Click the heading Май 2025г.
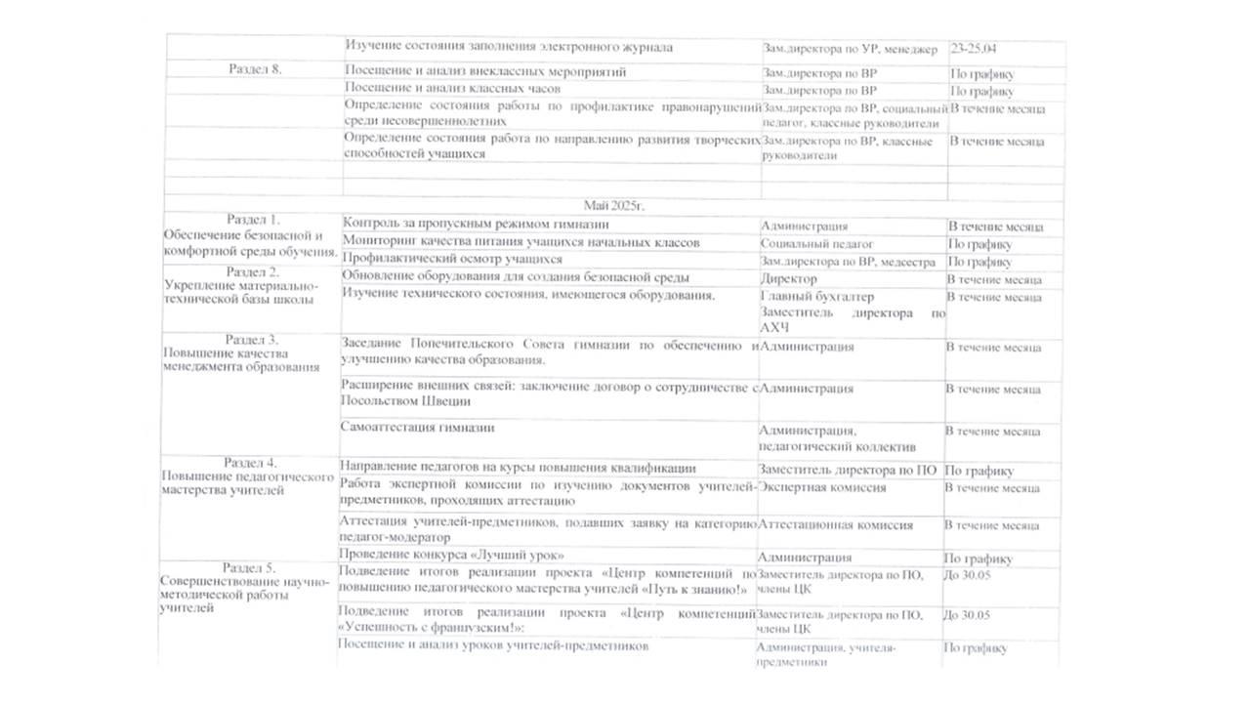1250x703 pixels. (614, 205)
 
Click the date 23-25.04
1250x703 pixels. (979, 47)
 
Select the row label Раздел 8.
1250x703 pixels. (256, 69)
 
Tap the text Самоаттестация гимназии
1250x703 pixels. (417, 427)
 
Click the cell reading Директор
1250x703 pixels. (789, 279)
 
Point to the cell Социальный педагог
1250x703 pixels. (816, 244)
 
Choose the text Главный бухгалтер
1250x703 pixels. (817, 297)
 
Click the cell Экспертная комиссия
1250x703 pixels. (822, 487)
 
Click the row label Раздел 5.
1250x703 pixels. (249, 567)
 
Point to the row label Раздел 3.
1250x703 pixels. (252, 339)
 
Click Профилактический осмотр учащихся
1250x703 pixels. (452, 260)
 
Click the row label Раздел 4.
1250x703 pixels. (250, 463)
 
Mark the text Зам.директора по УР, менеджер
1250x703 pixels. (850, 49)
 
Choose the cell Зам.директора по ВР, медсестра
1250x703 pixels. (848, 262)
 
